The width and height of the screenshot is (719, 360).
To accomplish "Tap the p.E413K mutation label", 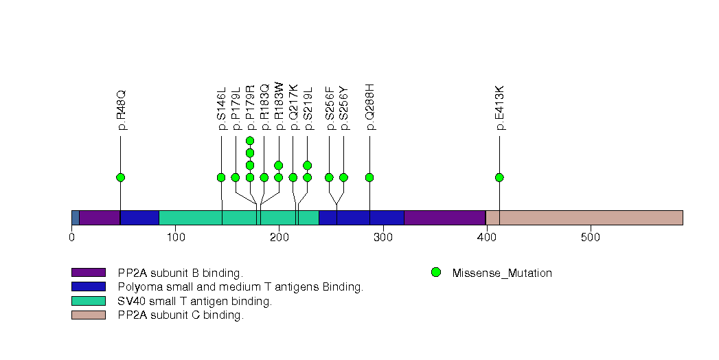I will [500, 108].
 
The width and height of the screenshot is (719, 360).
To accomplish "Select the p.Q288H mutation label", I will [370, 106].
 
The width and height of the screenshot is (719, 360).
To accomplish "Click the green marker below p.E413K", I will [499, 177].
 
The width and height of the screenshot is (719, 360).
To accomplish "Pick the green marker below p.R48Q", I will [121, 177].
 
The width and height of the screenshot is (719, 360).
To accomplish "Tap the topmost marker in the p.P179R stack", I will [250, 141].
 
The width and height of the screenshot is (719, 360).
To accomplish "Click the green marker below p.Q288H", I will [369, 177].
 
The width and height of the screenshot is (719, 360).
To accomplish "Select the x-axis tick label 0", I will [71, 238].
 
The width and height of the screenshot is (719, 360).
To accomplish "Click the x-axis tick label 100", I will [175, 238].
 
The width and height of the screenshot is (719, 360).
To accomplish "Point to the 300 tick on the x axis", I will [383, 238].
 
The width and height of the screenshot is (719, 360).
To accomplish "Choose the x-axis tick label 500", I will [591, 238].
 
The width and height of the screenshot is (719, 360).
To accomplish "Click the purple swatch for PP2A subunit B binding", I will [88, 273].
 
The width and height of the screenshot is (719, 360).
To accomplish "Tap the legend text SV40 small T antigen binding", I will [195, 301].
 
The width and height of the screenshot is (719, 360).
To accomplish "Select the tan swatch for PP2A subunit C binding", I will [88, 315].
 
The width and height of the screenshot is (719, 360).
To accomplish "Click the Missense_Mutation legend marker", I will [435, 273].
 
